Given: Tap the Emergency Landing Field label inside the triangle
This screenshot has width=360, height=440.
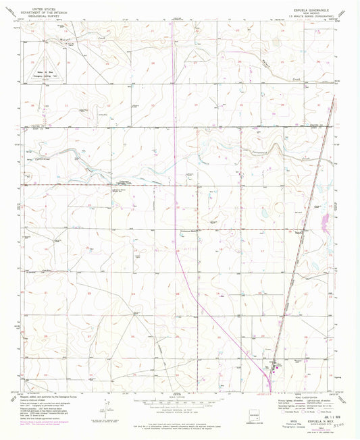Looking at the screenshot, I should [42, 73].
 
